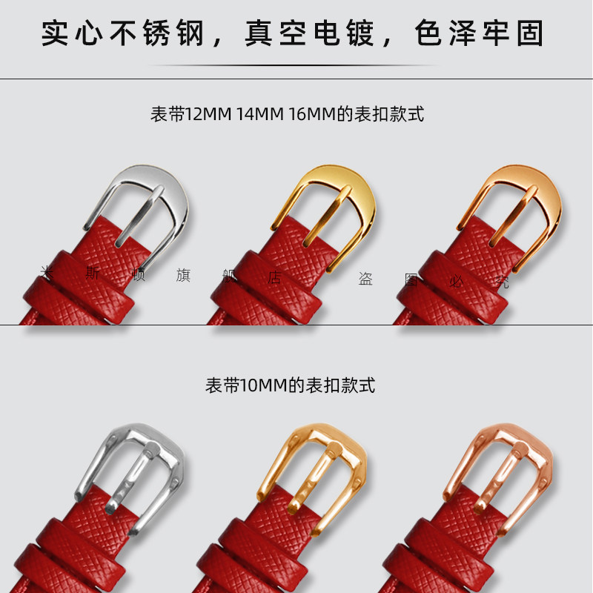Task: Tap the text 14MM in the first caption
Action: pyautogui.click(x=260, y=115)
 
